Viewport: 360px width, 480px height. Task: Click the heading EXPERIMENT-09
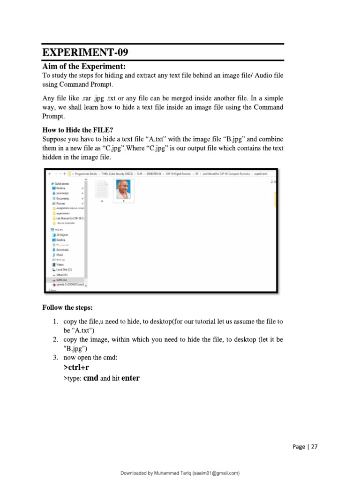pyautogui.click(x=85, y=52)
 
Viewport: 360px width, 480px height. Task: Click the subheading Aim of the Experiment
pyautogui.click(x=84, y=66)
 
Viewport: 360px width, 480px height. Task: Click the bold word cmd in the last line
pyautogui.click(x=90, y=378)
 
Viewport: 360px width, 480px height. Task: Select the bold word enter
pyautogui.click(x=130, y=378)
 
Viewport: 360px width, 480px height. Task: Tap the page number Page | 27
pyautogui.click(x=305, y=447)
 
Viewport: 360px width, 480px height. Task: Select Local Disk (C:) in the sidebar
pyautogui.click(x=64, y=270)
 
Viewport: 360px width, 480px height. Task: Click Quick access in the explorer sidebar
pyautogui.click(x=62, y=183)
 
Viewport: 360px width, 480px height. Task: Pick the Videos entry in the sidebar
pyautogui.click(x=60, y=264)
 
